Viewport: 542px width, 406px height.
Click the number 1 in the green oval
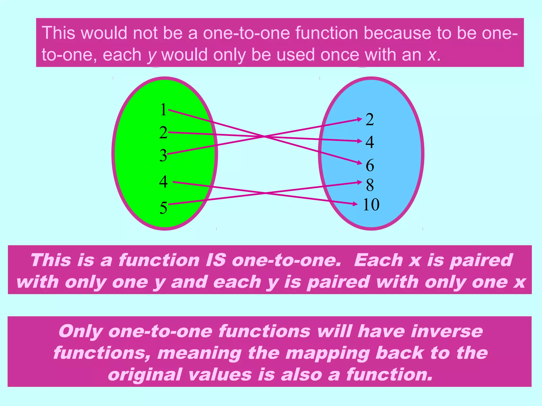click(x=163, y=110)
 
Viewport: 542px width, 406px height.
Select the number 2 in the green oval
click(x=163, y=132)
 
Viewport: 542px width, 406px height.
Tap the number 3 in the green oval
click(x=163, y=155)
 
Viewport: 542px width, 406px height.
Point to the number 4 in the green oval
click(x=163, y=182)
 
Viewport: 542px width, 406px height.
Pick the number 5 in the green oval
click(x=163, y=208)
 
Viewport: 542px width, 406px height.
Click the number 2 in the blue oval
click(x=370, y=119)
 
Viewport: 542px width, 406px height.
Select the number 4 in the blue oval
click(x=370, y=142)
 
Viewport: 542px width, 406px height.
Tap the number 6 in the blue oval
click(x=370, y=165)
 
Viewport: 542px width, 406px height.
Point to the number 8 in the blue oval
click(x=370, y=185)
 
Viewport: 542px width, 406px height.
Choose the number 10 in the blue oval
click(x=371, y=205)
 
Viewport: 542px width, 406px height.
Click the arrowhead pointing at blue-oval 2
click(x=360, y=119)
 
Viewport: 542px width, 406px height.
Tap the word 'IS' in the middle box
click(x=216, y=260)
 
